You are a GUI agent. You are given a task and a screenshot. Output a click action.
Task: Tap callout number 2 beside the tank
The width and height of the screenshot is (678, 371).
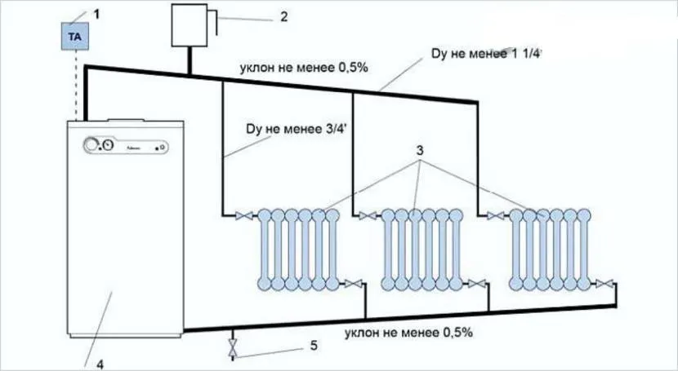point(283,16)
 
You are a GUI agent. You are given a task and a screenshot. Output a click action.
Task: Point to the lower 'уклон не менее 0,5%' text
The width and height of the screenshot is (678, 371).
point(408,333)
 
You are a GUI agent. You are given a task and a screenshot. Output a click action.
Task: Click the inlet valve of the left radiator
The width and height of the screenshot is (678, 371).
point(243,216)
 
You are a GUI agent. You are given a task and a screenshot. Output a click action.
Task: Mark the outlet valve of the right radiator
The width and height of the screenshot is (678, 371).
point(604,283)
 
